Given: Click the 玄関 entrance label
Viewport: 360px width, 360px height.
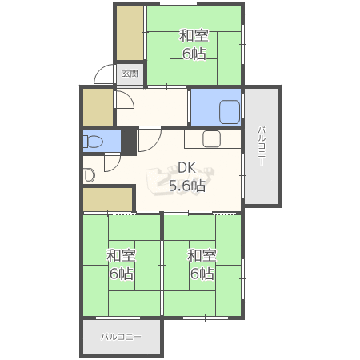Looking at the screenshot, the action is (x=130, y=74).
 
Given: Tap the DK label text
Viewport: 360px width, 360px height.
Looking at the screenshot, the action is (x=186, y=168).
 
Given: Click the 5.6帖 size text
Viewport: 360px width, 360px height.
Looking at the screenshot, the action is (x=187, y=186).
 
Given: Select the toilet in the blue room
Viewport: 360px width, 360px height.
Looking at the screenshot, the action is (x=93, y=141).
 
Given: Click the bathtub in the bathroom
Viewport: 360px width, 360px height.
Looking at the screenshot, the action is (x=230, y=112).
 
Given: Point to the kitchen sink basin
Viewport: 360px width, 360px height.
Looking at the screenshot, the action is (x=211, y=138).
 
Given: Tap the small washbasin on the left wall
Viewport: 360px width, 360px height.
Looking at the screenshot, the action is (x=89, y=175).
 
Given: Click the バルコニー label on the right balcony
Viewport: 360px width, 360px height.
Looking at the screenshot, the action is (x=262, y=146).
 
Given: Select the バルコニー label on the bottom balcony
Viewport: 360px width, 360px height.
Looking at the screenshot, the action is (x=121, y=337).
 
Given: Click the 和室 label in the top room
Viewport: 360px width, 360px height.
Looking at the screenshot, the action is (x=194, y=36).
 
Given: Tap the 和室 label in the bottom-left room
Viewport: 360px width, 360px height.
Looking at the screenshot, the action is (x=121, y=255).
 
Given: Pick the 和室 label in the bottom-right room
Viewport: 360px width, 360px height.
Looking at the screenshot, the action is (x=202, y=255).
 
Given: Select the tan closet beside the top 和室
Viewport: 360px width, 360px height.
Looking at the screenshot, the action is (x=130, y=33).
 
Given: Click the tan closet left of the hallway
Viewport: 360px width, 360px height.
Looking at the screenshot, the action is (x=98, y=107).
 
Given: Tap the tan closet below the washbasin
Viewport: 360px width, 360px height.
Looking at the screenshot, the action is (x=108, y=200).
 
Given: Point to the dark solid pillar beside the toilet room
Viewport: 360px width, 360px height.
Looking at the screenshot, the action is (x=129, y=142).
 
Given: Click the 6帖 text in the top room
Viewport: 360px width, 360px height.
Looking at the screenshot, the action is (x=194, y=54).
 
